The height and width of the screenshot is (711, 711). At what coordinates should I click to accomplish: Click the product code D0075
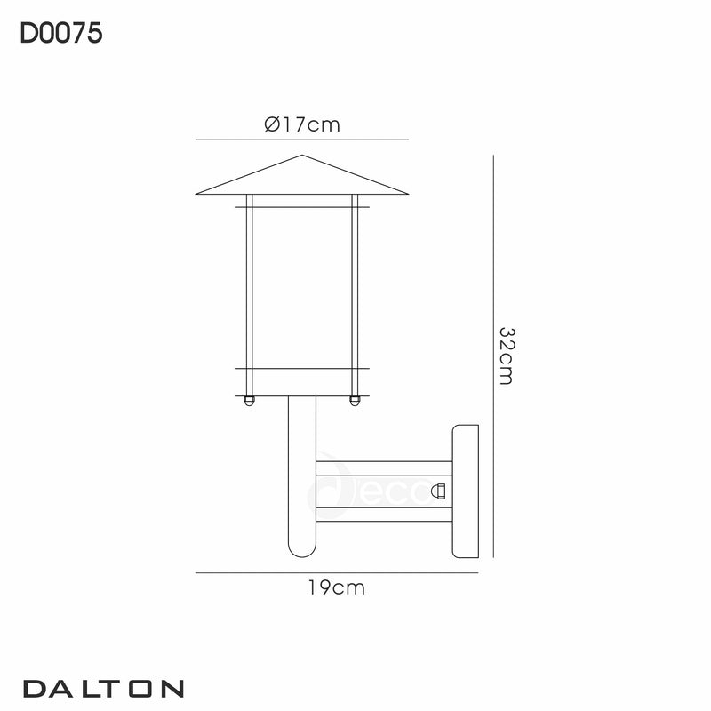coord(61,33)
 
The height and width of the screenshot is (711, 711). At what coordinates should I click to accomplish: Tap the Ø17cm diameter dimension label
coord(302,125)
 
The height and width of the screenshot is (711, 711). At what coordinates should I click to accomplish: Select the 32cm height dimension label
coord(507,355)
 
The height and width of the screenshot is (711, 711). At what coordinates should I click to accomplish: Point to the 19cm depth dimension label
coord(338,587)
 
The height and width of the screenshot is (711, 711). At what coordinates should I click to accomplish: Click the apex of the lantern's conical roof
coord(302,157)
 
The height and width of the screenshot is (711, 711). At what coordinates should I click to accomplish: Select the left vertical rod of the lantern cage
coord(251,293)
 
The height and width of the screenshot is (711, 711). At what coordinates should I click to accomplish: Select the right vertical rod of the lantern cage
coord(355,293)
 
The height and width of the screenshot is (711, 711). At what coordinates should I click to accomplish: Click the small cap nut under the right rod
coord(355,401)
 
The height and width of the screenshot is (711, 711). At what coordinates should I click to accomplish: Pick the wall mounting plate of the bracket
coord(466,492)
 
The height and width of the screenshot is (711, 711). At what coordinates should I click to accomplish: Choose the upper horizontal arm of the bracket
coord(384,467)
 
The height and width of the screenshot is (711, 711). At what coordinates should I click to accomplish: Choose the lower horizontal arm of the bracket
coord(384,513)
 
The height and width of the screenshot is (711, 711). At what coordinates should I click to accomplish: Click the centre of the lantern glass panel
coord(302,289)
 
